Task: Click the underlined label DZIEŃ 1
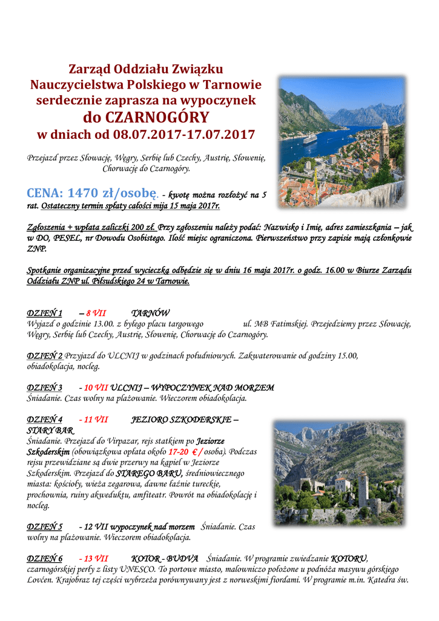[45, 314]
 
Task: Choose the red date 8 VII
[96, 314]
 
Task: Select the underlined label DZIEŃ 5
[45, 526]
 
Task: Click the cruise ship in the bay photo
[310, 139]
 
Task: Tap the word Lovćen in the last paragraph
[40, 580]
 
